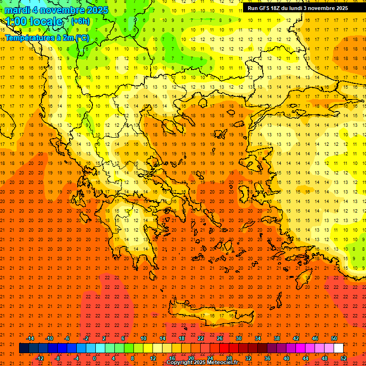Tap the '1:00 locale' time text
click(x=34, y=21)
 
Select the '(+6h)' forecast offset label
click(x=80, y=21)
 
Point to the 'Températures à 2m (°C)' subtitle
click(x=47, y=37)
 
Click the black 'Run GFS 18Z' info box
click(x=304, y=8)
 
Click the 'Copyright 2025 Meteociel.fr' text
click(x=202, y=363)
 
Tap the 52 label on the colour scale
click(x=344, y=358)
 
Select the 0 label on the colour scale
click(x=94, y=358)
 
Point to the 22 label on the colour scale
click(x=201, y=338)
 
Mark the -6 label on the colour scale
click(x=67, y=338)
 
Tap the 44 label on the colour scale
click(x=305, y=358)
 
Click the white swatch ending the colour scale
click(x=338, y=348)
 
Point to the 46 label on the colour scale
click(x=315, y=338)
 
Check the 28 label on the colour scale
click(x=229, y=358)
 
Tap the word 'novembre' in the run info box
click(x=323, y=8)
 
